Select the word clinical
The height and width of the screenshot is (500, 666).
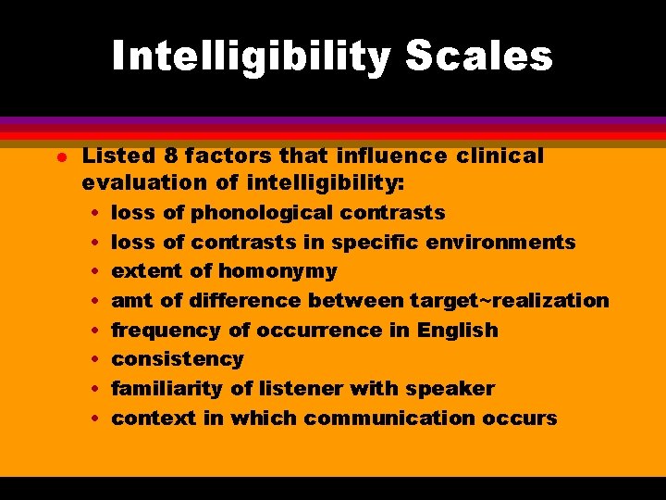(498, 156)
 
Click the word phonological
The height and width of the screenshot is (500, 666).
(263, 213)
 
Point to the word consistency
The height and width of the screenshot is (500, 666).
(178, 359)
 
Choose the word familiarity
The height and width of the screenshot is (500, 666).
(170, 389)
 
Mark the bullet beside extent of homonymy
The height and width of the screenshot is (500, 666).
(97, 272)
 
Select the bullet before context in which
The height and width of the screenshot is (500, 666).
(97, 419)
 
